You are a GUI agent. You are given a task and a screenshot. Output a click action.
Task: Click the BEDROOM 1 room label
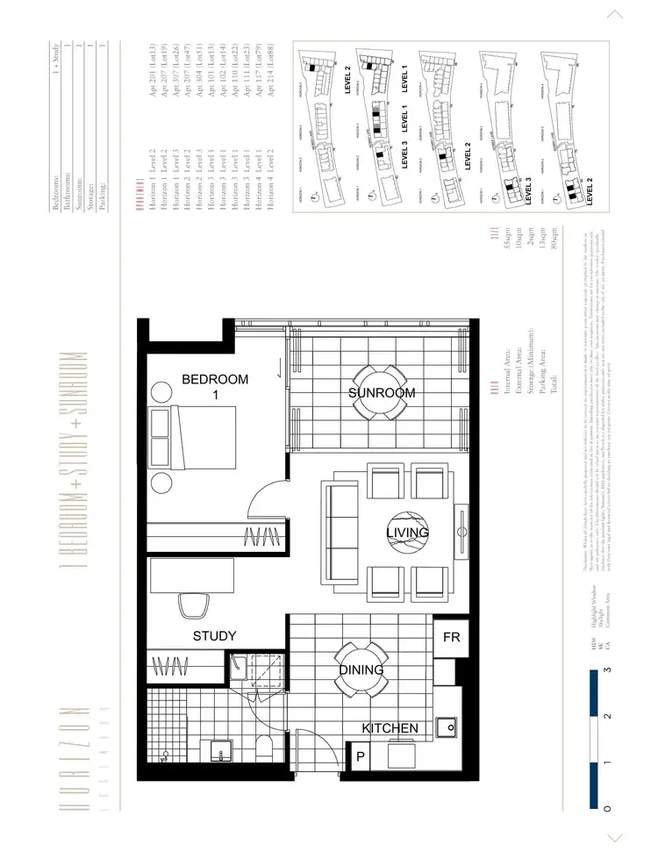point(215,387)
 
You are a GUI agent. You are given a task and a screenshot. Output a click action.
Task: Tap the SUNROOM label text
point(381,392)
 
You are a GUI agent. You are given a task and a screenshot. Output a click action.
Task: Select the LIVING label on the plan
point(408,533)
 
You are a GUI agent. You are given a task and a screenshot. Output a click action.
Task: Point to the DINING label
point(361,669)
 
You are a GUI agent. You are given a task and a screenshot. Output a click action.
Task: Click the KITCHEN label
point(390,728)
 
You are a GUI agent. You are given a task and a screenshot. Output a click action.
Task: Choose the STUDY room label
point(215,635)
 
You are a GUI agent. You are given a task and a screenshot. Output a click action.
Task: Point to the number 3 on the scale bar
point(608,670)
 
